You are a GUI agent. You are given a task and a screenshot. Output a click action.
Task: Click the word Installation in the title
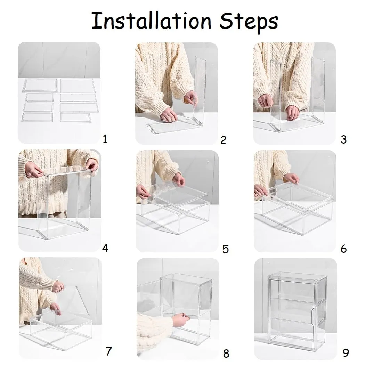(x=151, y=21)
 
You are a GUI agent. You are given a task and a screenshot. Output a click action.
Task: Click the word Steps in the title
(x=249, y=22)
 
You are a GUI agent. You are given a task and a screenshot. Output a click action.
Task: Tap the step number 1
(x=105, y=139)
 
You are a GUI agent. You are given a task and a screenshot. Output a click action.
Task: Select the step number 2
(x=224, y=140)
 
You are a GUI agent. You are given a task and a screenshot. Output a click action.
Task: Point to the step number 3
(x=343, y=139)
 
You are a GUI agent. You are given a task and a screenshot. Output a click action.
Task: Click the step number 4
(x=105, y=248)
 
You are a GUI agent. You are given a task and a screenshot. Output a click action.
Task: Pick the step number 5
(x=226, y=249)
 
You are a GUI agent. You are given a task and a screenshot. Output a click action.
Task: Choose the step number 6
(x=343, y=249)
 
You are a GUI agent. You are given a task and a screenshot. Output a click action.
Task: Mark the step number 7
(x=109, y=351)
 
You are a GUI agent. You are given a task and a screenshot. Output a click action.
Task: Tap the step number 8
(x=226, y=354)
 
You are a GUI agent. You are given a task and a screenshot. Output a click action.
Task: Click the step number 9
(x=346, y=353)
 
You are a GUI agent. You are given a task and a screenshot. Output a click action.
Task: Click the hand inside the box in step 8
(x=181, y=319)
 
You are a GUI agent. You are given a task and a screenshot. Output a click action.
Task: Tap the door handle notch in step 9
(x=314, y=316)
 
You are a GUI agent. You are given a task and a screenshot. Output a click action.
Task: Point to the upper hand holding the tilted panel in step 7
(x=58, y=287)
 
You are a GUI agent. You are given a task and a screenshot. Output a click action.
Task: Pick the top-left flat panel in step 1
(x=40, y=86)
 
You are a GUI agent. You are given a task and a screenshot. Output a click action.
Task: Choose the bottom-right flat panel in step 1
(x=75, y=117)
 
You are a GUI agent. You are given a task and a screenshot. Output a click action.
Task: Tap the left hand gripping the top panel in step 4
(x=34, y=170)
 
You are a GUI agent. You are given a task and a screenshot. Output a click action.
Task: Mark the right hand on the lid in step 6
(x=291, y=179)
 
